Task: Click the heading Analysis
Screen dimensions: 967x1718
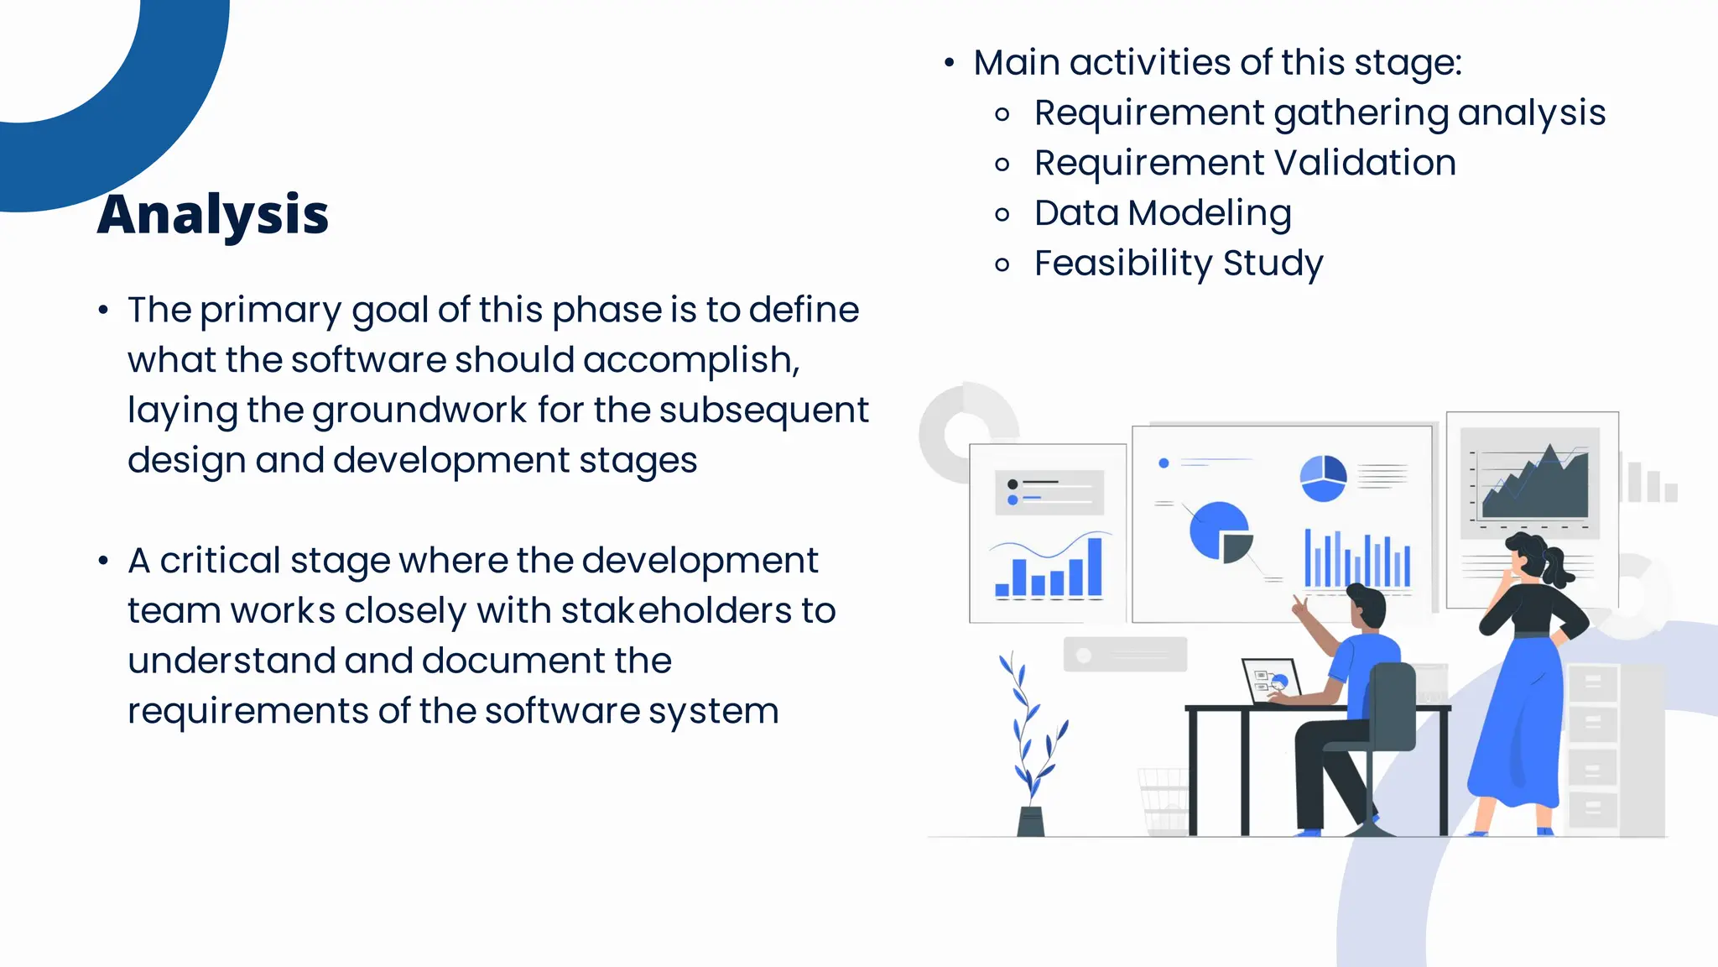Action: click(x=213, y=215)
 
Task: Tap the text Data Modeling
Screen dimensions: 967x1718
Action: click(x=1163, y=213)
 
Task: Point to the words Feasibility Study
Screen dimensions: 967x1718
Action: click(x=1179, y=264)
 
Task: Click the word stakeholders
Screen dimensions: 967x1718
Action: click(x=676, y=611)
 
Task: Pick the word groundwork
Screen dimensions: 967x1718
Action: click(x=419, y=411)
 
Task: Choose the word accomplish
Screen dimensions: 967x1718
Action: click(x=690, y=361)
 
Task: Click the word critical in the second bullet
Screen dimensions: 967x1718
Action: click(x=220, y=561)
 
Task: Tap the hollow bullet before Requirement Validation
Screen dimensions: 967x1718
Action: click(x=1002, y=165)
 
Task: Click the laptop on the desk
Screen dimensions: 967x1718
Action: click(x=1270, y=680)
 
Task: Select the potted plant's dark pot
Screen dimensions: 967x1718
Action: click(x=1031, y=822)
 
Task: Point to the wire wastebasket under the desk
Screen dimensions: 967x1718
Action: click(x=1164, y=801)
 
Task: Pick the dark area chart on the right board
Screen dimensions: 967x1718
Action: click(x=1535, y=491)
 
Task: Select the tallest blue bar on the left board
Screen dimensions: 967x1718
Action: click(x=1095, y=567)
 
